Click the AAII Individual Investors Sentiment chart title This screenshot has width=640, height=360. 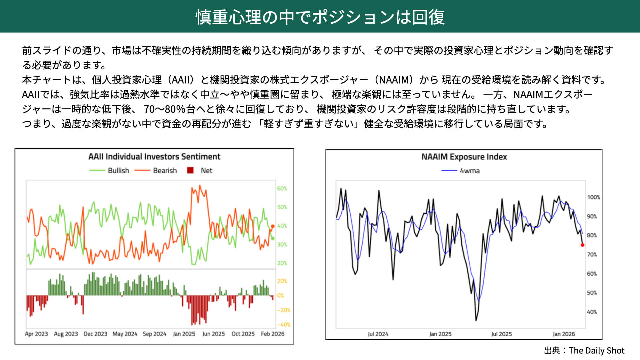click(x=154, y=157)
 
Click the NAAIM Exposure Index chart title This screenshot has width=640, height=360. click(x=464, y=157)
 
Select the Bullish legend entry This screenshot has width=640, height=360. click(x=118, y=171)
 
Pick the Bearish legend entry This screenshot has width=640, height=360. click(x=165, y=171)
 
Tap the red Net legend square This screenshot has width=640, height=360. click(x=190, y=171)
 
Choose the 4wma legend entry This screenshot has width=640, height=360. click(x=469, y=171)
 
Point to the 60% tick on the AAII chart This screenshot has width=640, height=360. click(x=282, y=189)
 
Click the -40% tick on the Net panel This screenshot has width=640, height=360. click(x=283, y=325)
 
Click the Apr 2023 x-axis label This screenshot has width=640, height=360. click(x=36, y=334)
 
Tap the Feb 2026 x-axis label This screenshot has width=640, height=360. click(x=273, y=334)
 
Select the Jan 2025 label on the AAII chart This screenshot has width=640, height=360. click(x=184, y=334)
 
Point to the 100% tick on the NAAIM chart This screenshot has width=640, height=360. click(x=593, y=197)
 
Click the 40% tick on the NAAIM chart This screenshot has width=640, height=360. click(x=592, y=312)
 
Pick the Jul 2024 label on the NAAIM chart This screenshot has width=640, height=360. click(x=378, y=334)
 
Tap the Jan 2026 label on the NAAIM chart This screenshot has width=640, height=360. click(x=564, y=334)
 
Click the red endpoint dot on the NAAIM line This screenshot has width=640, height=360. click(x=582, y=245)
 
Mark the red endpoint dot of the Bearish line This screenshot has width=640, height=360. click(x=273, y=226)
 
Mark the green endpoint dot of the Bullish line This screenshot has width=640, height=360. click(x=273, y=238)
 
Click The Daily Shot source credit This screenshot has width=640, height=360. click(x=596, y=351)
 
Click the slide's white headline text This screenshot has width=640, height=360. click(x=320, y=17)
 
